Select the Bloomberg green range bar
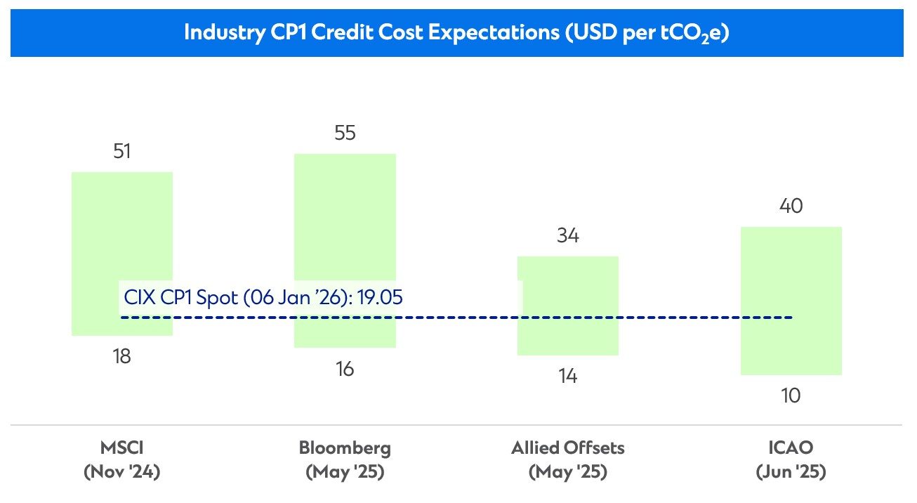pyautogui.click(x=345, y=225)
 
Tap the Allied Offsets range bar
pyautogui.click(x=567, y=281)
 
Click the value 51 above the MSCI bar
pyautogui.click(x=122, y=152)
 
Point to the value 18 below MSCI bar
pyautogui.click(x=122, y=357)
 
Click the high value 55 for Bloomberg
pyautogui.click(x=345, y=133)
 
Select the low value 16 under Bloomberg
pyautogui.click(x=345, y=369)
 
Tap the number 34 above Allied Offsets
pyautogui.click(x=567, y=236)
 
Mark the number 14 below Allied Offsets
pyautogui.click(x=567, y=377)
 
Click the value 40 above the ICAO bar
pyautogui.click(x=791, y=207)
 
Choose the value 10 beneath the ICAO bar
pyautogui.click(x=791, y=396)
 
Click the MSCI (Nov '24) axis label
pyautogui.click(x=122, y=459)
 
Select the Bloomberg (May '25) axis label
pyautogui.click(x=345, y=459)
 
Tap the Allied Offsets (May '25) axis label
pyautogui.click(x=567, y=459)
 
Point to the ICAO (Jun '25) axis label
pyautogui.click(x=791, y=459)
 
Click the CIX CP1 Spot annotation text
pyautogui.click(x=263, y=297)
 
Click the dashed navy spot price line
pyautogui.click(x=456, y=318)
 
